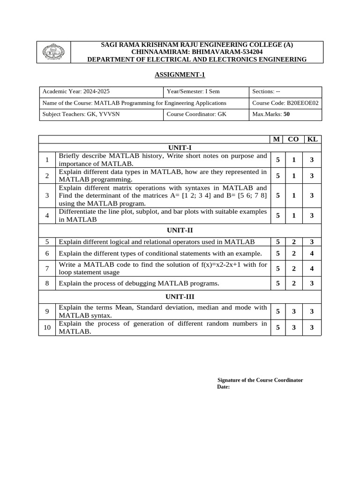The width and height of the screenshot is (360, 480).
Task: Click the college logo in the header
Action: (x=54, y=52)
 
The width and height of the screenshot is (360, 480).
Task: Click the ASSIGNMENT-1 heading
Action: (x=180, y=75)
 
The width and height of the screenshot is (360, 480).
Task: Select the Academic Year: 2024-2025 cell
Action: (x=76, y=91)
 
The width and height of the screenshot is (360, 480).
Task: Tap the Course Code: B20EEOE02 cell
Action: (x=285, y=103)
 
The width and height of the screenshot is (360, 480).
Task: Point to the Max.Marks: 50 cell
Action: (x=271, y=114)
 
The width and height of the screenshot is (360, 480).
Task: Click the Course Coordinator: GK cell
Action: (x=196, y=114)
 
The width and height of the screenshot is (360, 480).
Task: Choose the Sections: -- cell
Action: (x=266, y=91)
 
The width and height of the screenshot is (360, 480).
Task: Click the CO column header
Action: (x=293, y=139)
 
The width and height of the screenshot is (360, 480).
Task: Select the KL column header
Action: (x=312, y=139)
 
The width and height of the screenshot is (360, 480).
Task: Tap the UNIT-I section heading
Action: (x=180, y=147)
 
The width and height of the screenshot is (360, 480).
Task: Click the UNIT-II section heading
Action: (x=180, y=230)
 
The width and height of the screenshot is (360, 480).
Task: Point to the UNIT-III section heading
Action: (x=180, y=297)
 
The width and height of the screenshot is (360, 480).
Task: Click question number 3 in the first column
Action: (x=47, y=195)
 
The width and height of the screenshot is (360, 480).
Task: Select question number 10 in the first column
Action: (x=47, y=328)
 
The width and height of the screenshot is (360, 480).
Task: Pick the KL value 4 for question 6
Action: (x=312, y=254)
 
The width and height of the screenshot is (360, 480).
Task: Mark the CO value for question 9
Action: (x=293, y=311)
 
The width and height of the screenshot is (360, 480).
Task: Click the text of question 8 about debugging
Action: (x=139, y=284)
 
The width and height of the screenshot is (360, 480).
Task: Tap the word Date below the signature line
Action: (x=223, y=387)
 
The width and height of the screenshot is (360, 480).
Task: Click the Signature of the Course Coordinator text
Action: (x=260, y=380)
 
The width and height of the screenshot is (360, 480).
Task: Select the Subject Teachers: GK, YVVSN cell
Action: (x=81, y=114)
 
